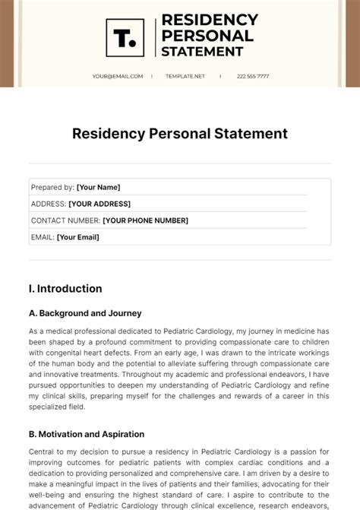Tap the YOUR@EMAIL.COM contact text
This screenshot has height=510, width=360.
(118, 76)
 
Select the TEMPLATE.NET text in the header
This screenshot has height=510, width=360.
(186, 76)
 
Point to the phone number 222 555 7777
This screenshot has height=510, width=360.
(253, 76)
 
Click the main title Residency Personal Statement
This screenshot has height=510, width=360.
(180, 134)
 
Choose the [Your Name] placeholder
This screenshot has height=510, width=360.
(99, 187)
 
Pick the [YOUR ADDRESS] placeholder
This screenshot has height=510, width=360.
(99, 204)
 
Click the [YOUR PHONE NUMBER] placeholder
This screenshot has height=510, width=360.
(145, 220)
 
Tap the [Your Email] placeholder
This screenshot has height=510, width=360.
(78, 237)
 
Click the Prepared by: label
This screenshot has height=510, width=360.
(52, 187)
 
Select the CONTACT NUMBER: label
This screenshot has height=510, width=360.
(65, 220)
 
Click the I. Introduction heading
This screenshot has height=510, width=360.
(65, 289)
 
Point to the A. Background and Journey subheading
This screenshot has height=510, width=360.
(85, 313)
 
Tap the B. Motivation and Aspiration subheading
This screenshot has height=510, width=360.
(87, 434)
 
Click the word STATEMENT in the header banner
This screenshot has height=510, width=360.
(203, 52)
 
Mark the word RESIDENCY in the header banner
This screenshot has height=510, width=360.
(210, 19)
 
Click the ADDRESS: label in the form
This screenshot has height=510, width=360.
(48, 204)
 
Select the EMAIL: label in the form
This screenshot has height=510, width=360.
(43, 237)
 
